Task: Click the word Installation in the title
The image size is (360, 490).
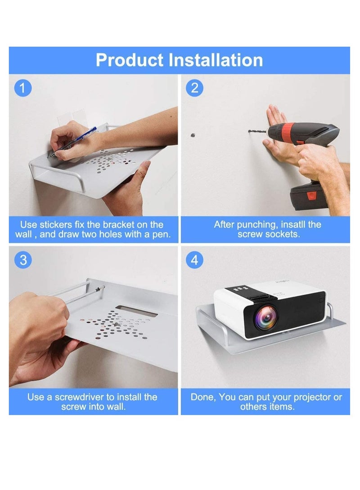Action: (216, 60)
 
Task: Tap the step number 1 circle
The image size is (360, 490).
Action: (23, 88)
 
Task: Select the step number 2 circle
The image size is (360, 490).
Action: (194, 88)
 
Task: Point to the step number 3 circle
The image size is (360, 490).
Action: (23, 260)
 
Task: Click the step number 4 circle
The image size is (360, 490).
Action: (194, 260)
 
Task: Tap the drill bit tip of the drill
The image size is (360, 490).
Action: (249, 131)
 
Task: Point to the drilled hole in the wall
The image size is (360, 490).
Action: (193, 136)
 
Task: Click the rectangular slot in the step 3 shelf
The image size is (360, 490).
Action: (136, 312)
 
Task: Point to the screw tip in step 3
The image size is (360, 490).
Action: (103, 286)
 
